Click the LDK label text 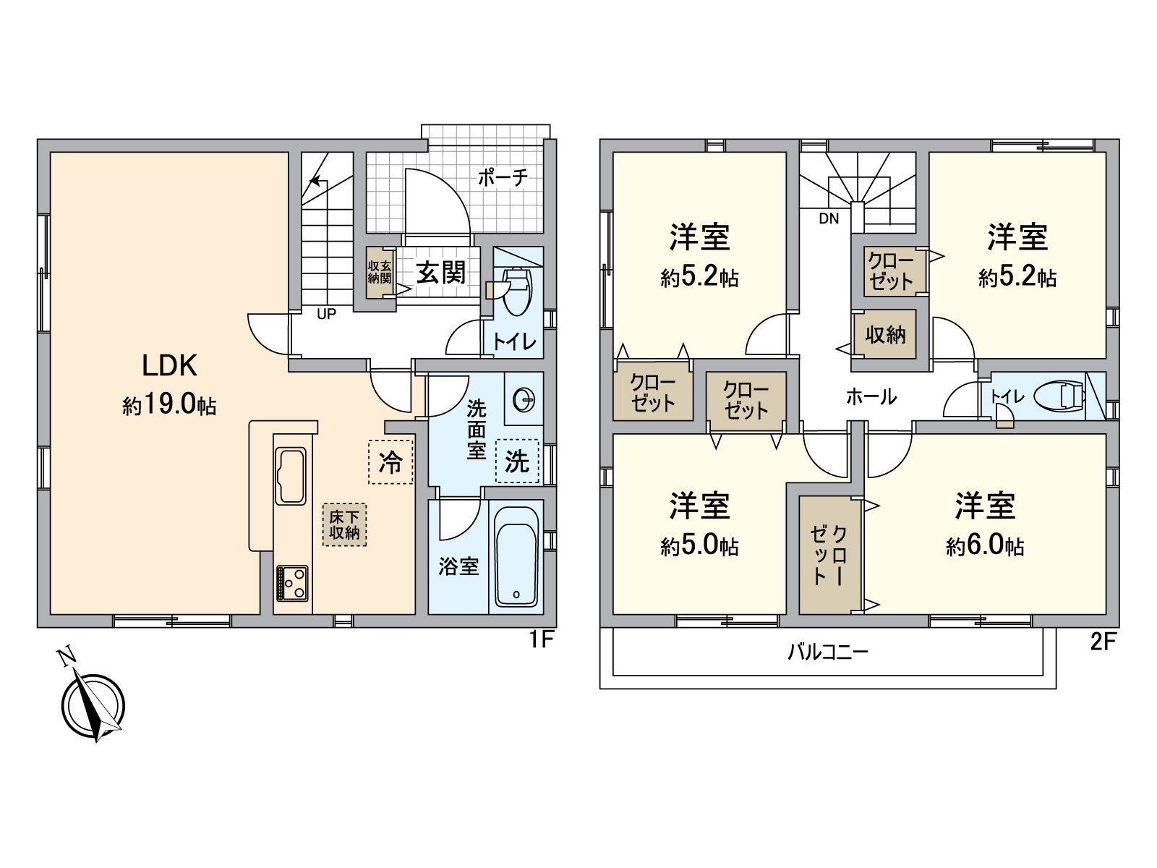point(169,366)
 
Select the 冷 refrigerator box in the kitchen point(390,462)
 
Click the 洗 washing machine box point(517,461)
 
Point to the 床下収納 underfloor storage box point(344,524)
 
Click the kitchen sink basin point(291,476)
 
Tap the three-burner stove point(292,583)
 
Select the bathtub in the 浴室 point(517,556)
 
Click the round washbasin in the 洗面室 point(524,399)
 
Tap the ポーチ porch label point(503,177)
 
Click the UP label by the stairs point(326,314)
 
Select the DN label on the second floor point(829,218)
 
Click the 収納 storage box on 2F point(885,334)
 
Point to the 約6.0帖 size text point(985,546)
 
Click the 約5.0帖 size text point(699,546)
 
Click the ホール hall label point(871,396)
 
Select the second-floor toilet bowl point(1059,396)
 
